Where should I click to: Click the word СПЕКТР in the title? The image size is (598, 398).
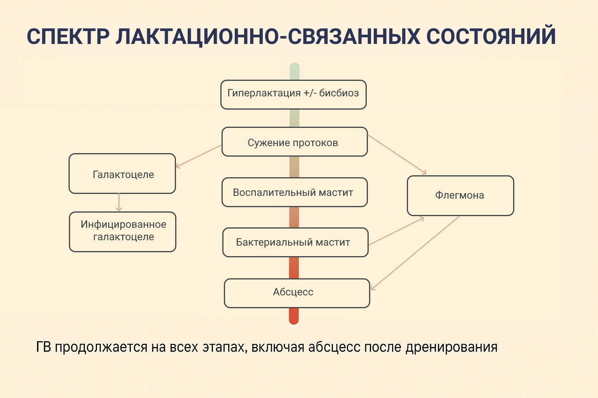pos(68,37)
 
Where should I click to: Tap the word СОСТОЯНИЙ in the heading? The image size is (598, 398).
pos(491,37)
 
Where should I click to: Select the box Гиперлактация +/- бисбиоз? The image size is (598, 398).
pos(293,94)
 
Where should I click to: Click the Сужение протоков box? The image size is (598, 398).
pos(294,142)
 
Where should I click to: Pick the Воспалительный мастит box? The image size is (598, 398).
pos(294,192)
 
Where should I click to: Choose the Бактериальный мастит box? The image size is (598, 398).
pos(295,243)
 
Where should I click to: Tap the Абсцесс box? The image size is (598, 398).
pos(297,293)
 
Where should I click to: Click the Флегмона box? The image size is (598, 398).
pos(460,196)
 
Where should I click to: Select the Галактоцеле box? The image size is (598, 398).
pos(122,174)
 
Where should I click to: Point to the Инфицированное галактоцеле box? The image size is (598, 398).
pos(123,232)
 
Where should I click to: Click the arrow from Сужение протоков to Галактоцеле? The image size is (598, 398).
pos(199,156)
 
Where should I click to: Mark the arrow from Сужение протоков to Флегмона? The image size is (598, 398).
pos(397,154)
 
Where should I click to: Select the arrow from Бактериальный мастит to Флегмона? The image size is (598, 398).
pos(396,231)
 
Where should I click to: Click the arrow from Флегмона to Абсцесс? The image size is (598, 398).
pos(415,253)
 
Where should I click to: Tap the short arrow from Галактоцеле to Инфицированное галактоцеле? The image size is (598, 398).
pos(119,202)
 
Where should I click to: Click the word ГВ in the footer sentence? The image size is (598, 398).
pos(43,347)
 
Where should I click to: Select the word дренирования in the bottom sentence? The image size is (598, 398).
pos(451,347)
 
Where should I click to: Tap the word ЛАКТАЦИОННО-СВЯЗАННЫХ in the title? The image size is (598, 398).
pos(268,37)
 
